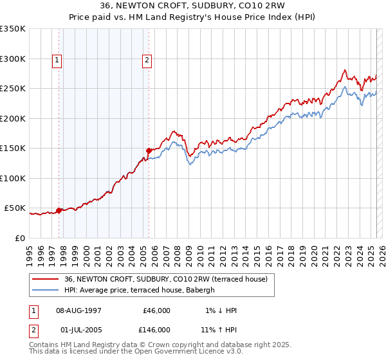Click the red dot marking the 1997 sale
tap(59, 210)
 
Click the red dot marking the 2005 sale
tap(149, 150)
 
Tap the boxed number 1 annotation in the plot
tap(57, 61)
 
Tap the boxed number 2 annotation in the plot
tap(147, 61)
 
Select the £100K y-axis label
tap(13, 178)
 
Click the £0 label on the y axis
tap(19, 238)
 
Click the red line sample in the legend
tap(45, 278)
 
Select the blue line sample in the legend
tap(45, 290)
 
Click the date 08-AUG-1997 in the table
tap(78, 310)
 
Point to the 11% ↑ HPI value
tap(220, 329)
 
